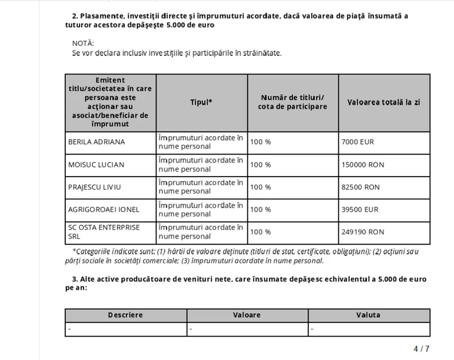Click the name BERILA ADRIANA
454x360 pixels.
coord(96,142)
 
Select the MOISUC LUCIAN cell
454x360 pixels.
coord(96,165)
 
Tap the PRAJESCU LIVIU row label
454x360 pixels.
coord(95,187)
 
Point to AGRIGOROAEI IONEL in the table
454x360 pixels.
coord(103,210)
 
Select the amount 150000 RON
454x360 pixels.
coord(364,165)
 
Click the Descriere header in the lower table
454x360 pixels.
coord(125,315)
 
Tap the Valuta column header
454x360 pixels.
coord(368,315)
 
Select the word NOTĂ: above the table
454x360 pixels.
coord(83,43)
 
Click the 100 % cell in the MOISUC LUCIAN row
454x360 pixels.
coord(260,165)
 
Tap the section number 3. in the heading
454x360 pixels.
coord(75,279)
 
